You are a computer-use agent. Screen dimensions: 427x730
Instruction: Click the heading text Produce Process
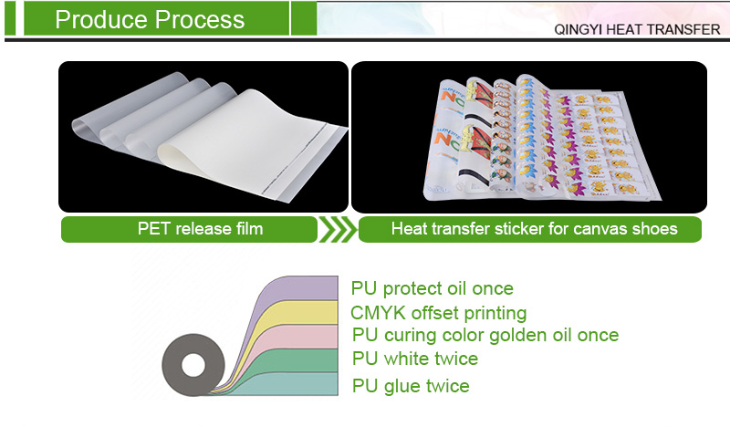point(150,19)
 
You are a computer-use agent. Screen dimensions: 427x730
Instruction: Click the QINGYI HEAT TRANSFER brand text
point(637,29)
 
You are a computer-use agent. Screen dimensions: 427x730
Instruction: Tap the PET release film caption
point(188,228)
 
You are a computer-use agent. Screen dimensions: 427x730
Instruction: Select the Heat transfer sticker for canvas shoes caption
point(534,228)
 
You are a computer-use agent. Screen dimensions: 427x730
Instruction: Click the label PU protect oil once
point(432,288)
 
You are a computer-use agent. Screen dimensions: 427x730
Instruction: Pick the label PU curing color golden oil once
point(485,336)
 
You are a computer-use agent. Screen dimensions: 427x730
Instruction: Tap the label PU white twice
point(414,359)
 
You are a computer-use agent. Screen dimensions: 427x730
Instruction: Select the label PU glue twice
point(411,386)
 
